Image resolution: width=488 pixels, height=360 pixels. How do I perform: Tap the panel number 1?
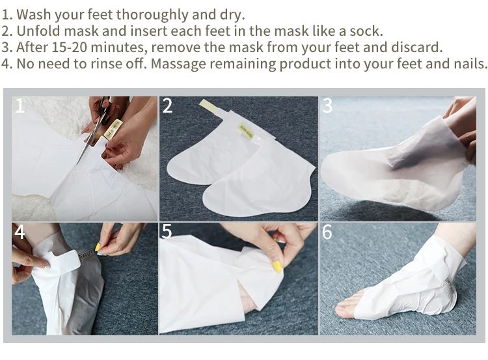tap(20, 105)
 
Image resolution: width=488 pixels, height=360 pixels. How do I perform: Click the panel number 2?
tap(167, 105)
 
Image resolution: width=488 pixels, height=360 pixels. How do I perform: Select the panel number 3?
tap(327, 105)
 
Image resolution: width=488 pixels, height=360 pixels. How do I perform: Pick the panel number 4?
tap(20, 232)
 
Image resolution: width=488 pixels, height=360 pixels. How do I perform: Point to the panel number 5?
tap(167, 231)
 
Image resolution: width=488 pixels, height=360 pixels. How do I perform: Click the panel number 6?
tap(327, 232)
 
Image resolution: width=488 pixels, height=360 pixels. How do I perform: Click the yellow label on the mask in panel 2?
tap(246, 132)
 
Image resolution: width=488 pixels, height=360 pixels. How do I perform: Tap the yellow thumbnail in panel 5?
tap(277, 267)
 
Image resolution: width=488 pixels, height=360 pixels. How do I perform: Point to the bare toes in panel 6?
tap(346, 306)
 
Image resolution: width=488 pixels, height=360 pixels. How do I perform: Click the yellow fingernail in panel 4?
tap(98, 247)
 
